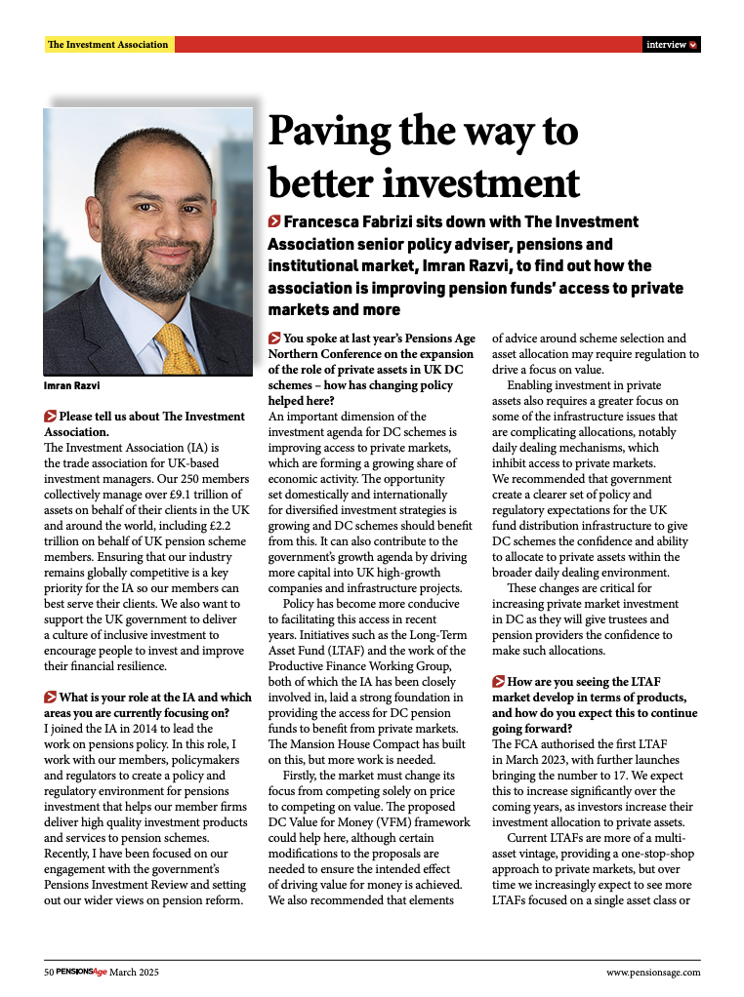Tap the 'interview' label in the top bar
(666, 45)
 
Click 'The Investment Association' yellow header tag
(108, 45)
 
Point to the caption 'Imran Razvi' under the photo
(70, 384)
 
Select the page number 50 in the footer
(49, 973)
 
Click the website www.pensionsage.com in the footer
(653, 973)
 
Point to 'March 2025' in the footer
(134, 973)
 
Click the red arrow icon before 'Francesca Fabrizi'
(274, 222)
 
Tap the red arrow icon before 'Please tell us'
(51, 417)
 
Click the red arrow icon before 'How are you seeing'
(498, 683)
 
